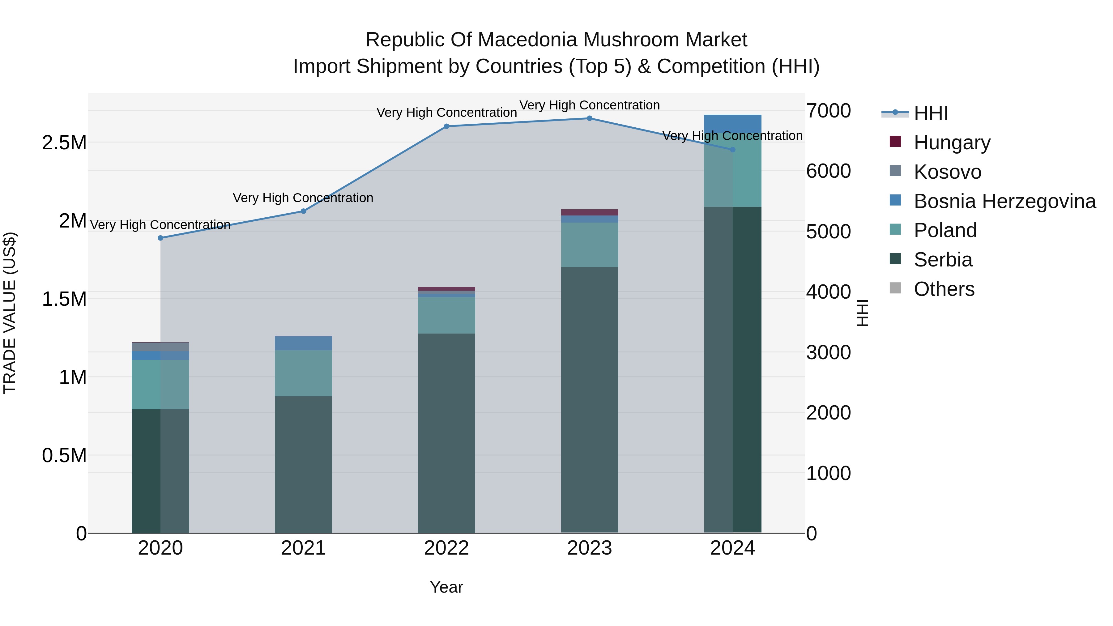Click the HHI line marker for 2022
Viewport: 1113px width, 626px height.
tap(446, 126)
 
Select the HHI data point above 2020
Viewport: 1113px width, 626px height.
tap(160, 238)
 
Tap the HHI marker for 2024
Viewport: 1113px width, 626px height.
tap(732, 150)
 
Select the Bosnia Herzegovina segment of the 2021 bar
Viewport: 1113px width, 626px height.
tap(303, 343)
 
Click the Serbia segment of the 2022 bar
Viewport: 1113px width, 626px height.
tap(446, 432)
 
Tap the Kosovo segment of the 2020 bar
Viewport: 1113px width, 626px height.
tap(160, 347)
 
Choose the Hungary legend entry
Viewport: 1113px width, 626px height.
tap(952, 142)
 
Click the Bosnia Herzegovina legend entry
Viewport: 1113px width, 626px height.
tap(1004, 201)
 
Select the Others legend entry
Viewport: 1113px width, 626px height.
tap(944, 289)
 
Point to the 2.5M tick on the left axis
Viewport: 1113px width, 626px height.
tap(64, 143)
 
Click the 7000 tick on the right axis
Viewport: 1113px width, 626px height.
tap(828, 111)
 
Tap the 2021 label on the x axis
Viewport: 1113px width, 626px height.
tap(303, 548)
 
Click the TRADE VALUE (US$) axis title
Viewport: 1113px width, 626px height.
tap(10, 313)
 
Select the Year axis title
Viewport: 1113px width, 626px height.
tap(446, 587)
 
